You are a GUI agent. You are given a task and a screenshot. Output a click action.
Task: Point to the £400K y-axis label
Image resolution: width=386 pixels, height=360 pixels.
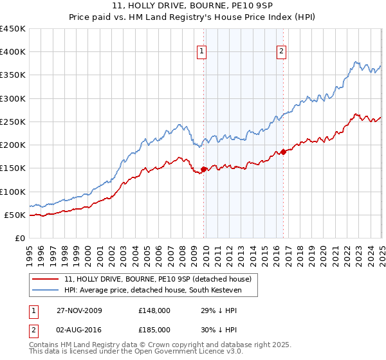coord(13,52)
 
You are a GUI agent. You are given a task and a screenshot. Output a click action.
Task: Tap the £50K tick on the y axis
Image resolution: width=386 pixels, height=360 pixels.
coord(15,215)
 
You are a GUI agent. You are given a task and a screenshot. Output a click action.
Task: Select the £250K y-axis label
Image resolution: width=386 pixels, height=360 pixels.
coord(13,122)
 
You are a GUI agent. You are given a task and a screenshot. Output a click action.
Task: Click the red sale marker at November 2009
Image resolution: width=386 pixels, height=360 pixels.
coord(204,170)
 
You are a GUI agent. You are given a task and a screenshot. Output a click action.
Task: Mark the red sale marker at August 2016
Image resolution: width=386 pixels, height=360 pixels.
coord(283,152)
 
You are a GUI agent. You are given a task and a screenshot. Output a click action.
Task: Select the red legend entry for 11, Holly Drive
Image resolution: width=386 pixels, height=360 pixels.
coord(161,279)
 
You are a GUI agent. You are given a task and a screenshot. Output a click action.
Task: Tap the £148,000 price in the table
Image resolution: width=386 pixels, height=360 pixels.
coord(154,310)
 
